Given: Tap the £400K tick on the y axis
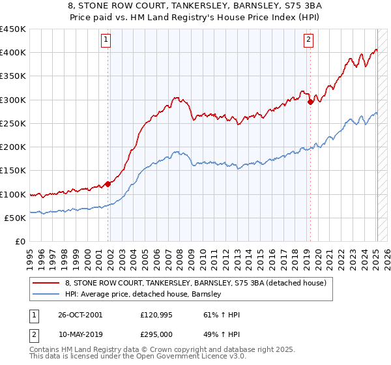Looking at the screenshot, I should click(13, 53).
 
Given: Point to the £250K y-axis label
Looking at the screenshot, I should click(13, 123).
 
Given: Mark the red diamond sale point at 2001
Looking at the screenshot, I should click(108, 184).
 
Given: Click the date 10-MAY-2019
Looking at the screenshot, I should click(79, 334).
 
